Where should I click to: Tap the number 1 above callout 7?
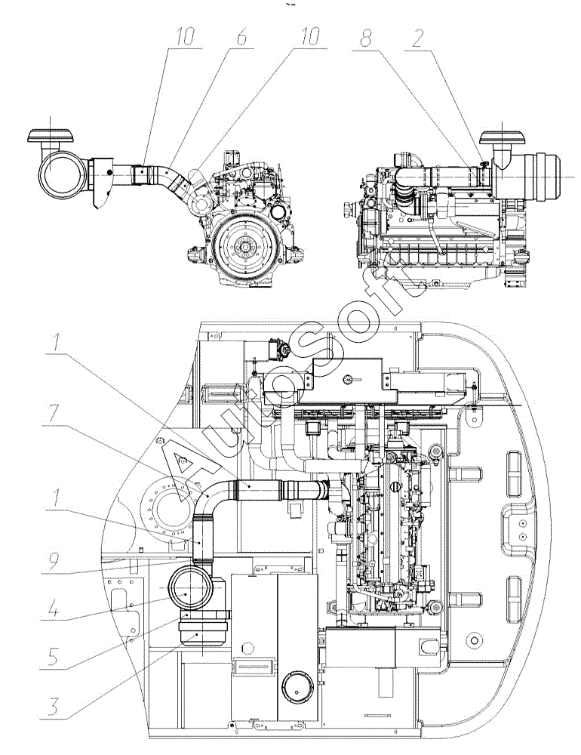[x=57, y=344]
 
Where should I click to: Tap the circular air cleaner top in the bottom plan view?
[x=190, y=589]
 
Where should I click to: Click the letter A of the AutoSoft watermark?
[x=186, y=475]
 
